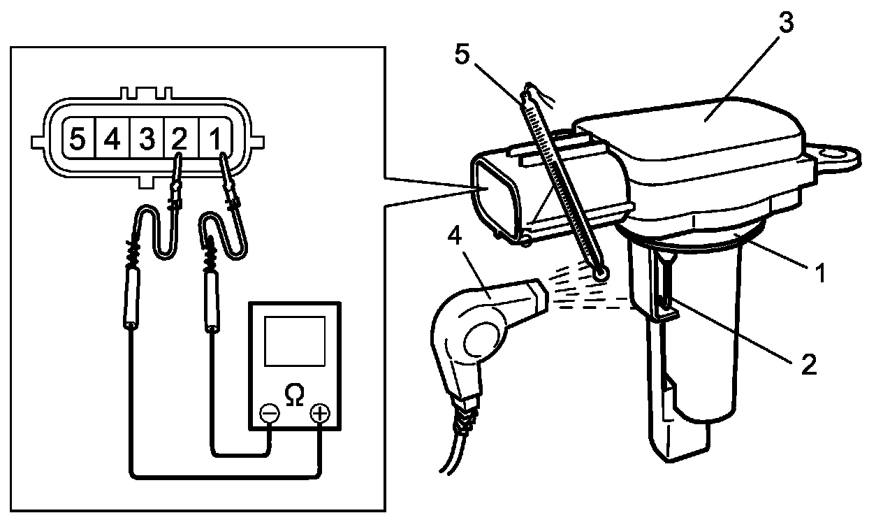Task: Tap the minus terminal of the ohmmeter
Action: pyautogui.click(x=270, y=414)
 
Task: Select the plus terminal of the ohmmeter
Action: pyautogui.click(x=320, y=414)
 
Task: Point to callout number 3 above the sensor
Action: pyautogui.click(x=786, y=22)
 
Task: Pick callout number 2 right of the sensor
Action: pyautogui.click(x=808, y=363)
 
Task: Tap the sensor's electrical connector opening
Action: pyautogui.click(x=494, y=198)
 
